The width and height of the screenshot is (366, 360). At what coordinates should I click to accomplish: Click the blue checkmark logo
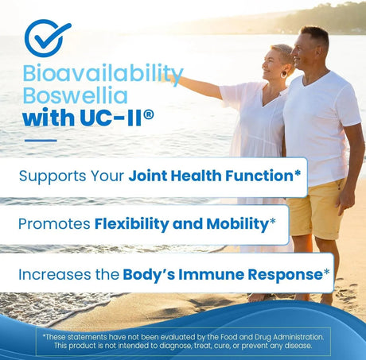(x=47, y=37)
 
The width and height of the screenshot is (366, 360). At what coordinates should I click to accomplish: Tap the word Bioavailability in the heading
(x=103, y=73)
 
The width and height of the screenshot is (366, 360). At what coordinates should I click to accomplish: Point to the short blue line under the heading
(x=41, y=141)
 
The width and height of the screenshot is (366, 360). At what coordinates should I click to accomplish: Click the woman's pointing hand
(x=165, y=77)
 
